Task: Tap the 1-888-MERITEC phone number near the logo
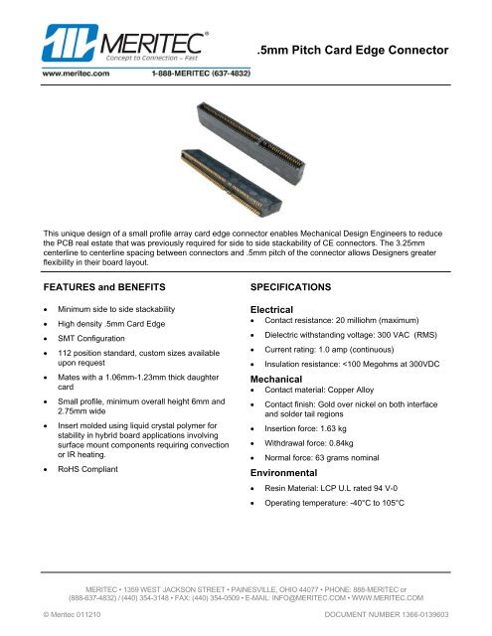click(x=201, y=73)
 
